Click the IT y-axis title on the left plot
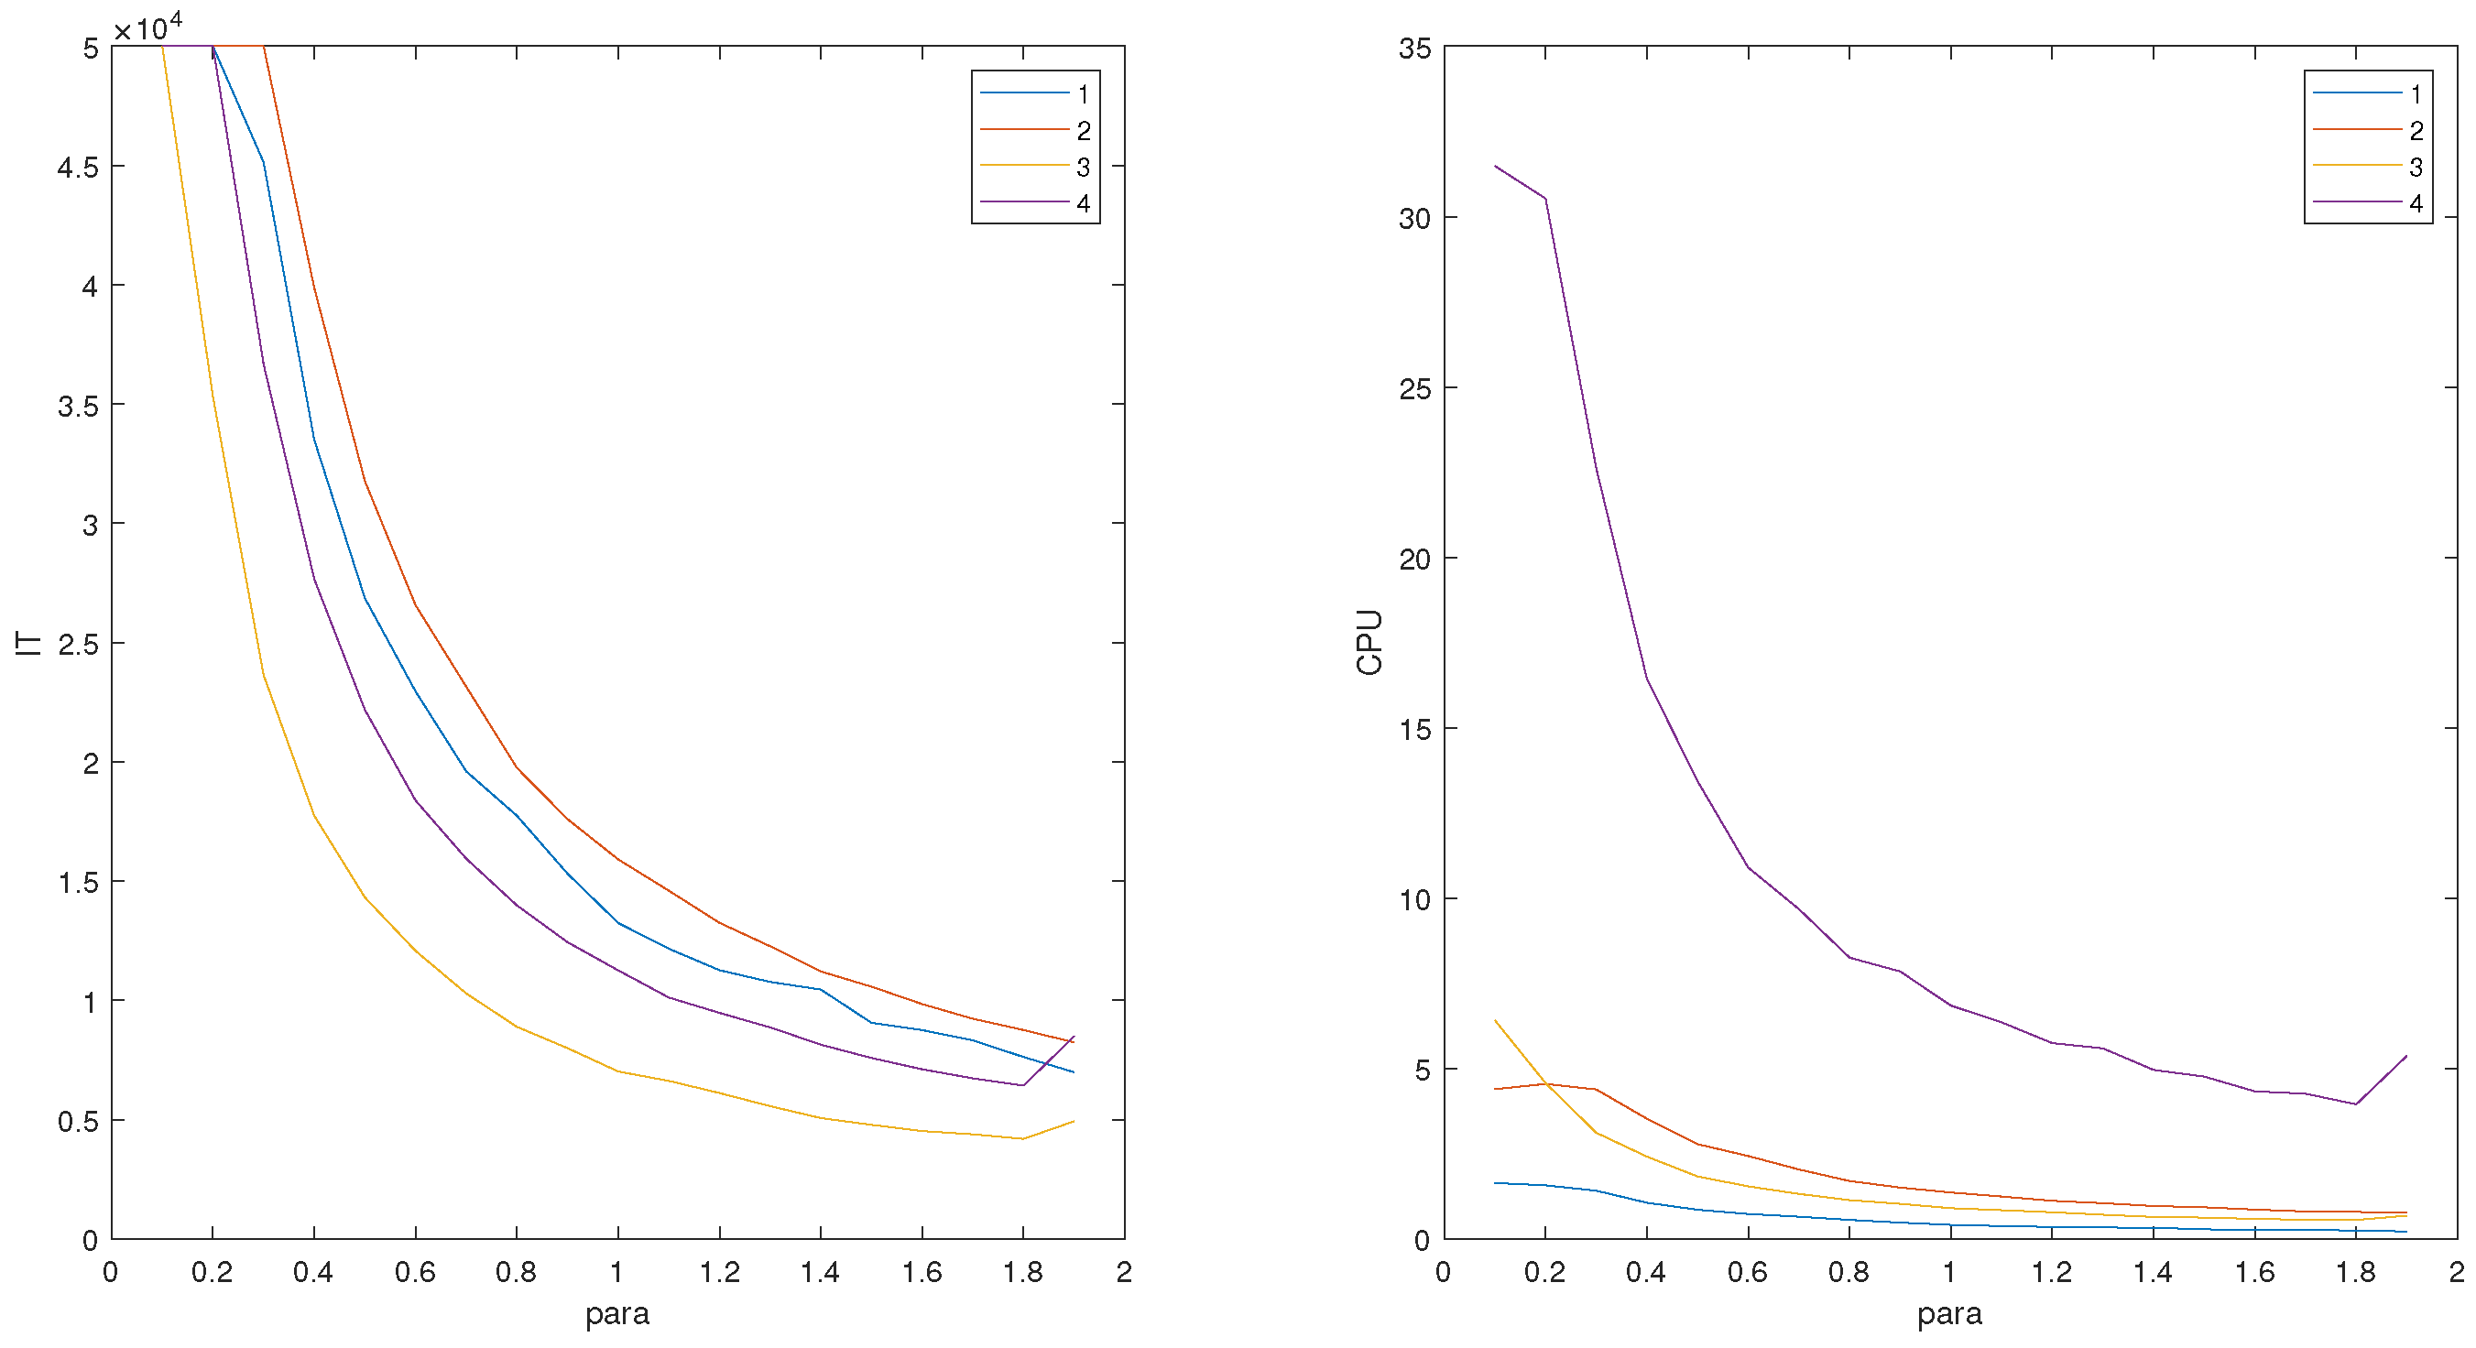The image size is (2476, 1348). pos(28,643)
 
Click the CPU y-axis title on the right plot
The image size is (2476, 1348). pos(1369,643)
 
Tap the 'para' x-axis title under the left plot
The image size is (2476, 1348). pos(617,1313)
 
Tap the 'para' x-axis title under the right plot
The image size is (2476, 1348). pos(1949,1313)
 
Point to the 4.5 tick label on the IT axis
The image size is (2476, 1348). pos(78,168)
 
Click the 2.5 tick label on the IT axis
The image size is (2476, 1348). pos(78,644)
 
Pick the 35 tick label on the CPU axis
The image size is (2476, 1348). pos(1415,48)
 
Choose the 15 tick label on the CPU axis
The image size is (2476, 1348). pos(1415,729)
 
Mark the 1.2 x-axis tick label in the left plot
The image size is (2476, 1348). pos(719,1273)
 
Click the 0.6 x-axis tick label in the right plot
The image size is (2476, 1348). pos(1748,1273)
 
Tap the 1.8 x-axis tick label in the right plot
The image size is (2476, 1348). pos(2356,1273)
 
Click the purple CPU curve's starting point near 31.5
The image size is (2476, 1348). pos(1496,167)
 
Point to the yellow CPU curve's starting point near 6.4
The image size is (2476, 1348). pos(1496,1020)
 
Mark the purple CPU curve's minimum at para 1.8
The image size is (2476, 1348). pos(2356,1104)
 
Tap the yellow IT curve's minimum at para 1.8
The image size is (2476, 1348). pos(1022,1138)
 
